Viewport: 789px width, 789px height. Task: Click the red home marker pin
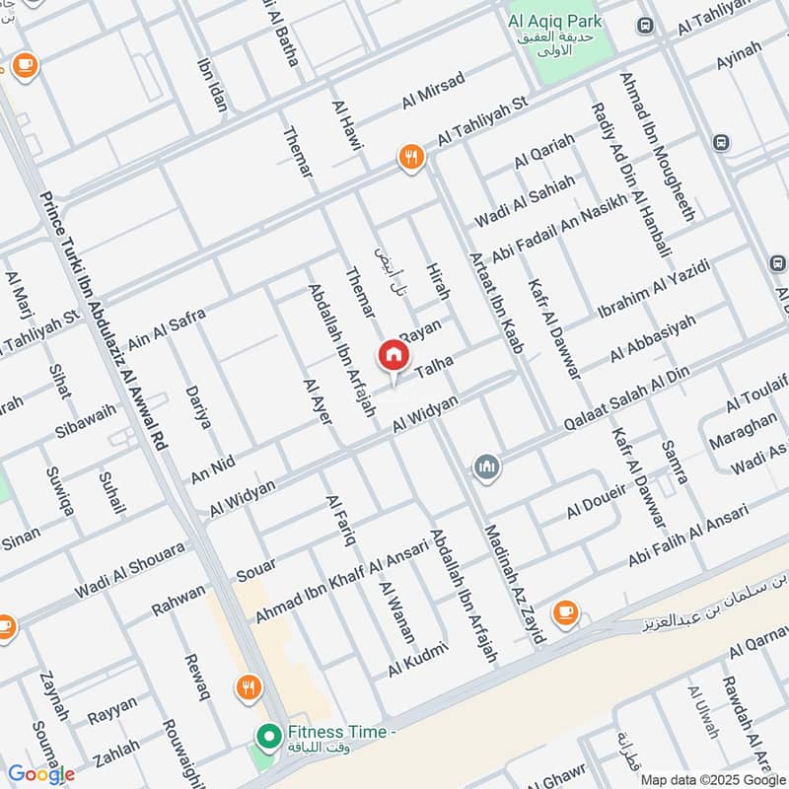[x=393, y=355]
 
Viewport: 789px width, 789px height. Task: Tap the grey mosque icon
[x=485, y=466]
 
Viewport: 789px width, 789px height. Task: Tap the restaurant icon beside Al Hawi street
[x=411, y=156]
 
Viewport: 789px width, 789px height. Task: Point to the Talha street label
[x=434, y=363]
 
